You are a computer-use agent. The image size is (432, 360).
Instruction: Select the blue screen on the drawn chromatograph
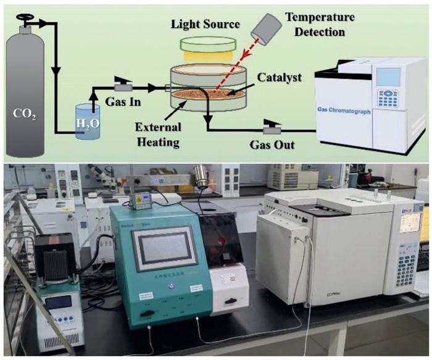coord(388,77)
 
